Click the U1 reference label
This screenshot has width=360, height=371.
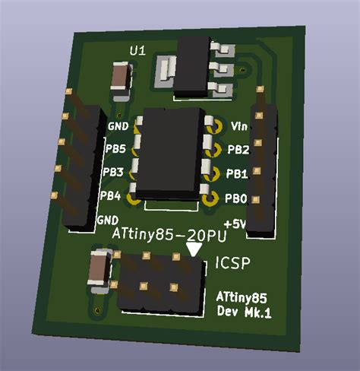pyautogui.click(x=137, y=50)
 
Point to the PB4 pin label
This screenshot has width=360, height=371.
pyautogui.click(x=111, y=196)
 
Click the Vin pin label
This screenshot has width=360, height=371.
pyautogui.click(x=238, y=126)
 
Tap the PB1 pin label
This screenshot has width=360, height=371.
pyautogui.click(x=238, y=174)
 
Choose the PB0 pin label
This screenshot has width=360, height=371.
pyautogui.click(x=237, y=199)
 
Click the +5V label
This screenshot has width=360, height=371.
pyautogui.click(x=236, y=224)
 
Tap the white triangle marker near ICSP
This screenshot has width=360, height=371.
pyautogui.click(x=194, y=249)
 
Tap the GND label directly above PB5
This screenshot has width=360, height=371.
pyautogui.click(x=118, y=126)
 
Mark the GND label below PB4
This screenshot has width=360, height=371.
pyautogui.click(x=107, y=220)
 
